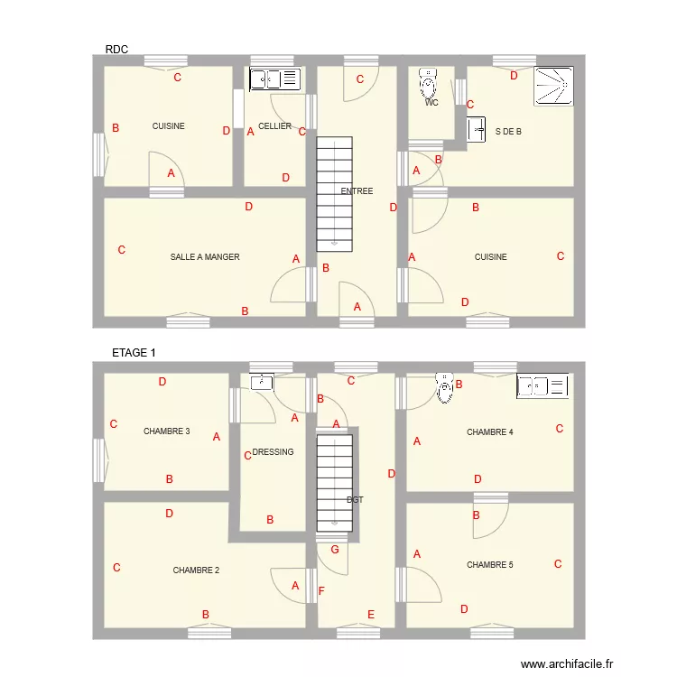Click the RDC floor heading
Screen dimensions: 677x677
[x=116, y=50]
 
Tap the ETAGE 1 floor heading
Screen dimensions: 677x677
[x=134, y=353]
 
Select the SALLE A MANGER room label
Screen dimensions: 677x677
[x=205, y=257]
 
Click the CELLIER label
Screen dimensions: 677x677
[x=274, y=126]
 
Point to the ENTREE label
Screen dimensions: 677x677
[x=357, y=191]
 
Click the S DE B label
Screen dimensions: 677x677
[x=508, y=132]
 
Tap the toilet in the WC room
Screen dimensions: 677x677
[x=428, y=84]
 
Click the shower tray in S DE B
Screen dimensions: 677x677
[x=553, y=86]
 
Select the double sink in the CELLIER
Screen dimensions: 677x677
[x=274, y=79]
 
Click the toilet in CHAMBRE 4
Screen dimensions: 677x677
[x=444, y=387]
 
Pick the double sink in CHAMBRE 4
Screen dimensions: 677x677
[x=542, y=386]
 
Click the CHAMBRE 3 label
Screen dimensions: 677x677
[x=166, y=431]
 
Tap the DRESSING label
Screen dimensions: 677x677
[x=273, y=452]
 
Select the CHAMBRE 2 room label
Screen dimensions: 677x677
[x=196, y=570]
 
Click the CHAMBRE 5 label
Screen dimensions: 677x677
[x=489, y=565]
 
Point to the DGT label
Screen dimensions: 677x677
[x=355, y=499]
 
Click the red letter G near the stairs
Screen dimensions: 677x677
[x=335, y=550]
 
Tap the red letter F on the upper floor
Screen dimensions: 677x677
[x=320, y=591]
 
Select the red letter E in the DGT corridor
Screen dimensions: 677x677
[x=371, y=614]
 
